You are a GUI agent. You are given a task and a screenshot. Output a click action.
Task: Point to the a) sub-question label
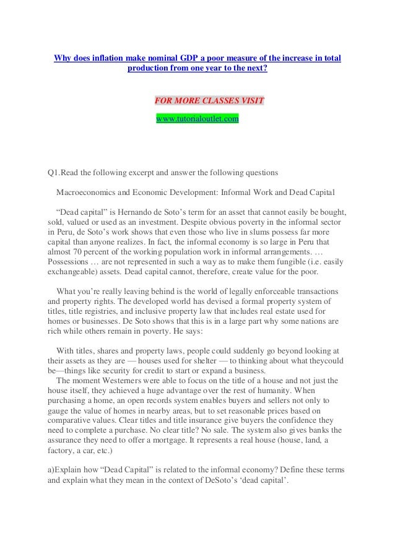(x=52, y=473)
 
